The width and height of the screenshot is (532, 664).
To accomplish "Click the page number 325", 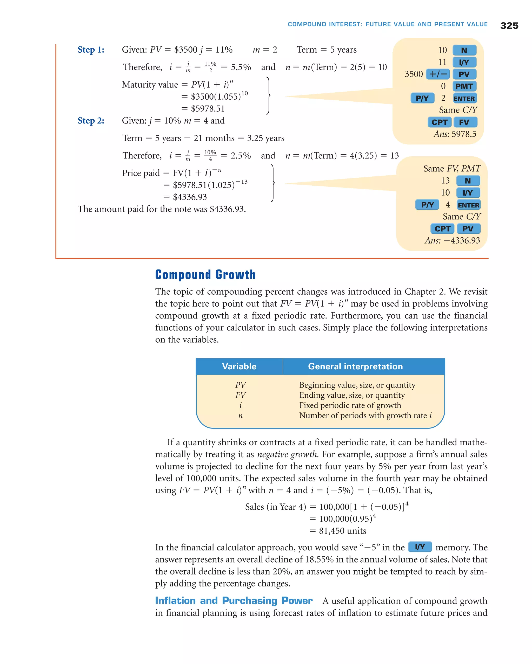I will click(x=509, y=26).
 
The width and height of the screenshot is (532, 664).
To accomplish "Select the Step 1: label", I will click(x=91, y=50).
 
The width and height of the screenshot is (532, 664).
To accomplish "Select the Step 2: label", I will click(x=91, y=120).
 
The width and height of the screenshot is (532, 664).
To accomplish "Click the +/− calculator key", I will click(x=438, y=74).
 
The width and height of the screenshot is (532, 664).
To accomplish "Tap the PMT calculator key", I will click(x=464, y=86).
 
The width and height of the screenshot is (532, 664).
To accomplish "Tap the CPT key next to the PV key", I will click(x=442, y=229).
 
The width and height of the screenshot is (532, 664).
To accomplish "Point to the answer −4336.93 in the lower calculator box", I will click(x=461, y=240).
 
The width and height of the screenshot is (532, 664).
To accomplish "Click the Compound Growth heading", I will click(x=205, y=274).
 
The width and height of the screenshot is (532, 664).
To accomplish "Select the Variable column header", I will click(x=239, y=366).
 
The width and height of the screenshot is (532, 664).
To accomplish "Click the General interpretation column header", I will click(x=355, y=366).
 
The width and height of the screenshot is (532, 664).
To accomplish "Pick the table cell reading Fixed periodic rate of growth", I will click(x=350, y=405).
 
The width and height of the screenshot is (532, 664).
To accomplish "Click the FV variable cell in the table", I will click(x=240, y=395).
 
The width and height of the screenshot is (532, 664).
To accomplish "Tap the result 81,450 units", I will click(x=342, y=531).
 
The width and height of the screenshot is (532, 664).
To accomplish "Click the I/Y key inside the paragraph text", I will click(x=420, y=547).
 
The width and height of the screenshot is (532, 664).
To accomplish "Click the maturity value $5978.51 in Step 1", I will click(x=208, y=108).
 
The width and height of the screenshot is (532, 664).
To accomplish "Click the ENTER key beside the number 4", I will click(x=468, y=205).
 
